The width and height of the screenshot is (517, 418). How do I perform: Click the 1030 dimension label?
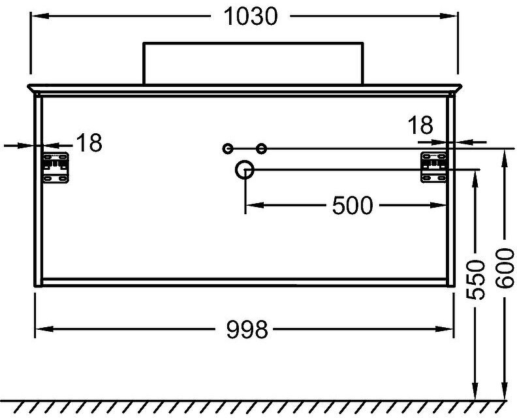coord(251,17)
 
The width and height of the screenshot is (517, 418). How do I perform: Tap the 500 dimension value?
coord(352,206)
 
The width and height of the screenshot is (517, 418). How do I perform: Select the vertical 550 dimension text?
coord(477,279)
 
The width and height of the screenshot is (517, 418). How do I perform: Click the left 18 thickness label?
coord(89,143)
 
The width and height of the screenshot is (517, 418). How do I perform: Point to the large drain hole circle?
coord(245,170)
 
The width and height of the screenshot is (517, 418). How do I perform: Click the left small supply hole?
coord(227,149)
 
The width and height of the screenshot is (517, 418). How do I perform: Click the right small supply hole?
coord(262,149)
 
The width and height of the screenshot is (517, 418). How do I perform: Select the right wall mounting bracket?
coord(433,168)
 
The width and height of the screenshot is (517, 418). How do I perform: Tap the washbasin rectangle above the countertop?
coord(253,63)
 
